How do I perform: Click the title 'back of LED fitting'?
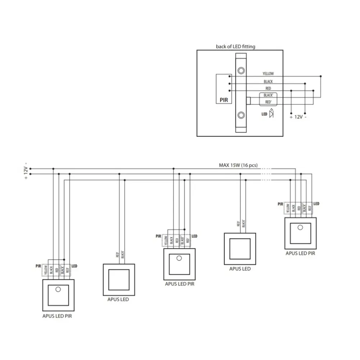(x=235, y=46)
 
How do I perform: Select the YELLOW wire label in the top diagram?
(x=268, y=73)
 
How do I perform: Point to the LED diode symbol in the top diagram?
(x=271, y=114)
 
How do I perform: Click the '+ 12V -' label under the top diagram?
(x=298, y=117)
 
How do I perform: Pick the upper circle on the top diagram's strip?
(x=241, y=70)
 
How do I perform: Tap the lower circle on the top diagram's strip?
(x=241, y=115)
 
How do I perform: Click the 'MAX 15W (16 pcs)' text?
(x=238, y=165)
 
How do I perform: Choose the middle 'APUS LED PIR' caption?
(x=180, y=284)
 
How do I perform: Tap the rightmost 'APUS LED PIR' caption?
(x=300, y=253)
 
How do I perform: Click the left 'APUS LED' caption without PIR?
(x=118, y=299)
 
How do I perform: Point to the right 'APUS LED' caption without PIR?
(x=240, y=269)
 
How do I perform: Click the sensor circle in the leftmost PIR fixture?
(x=58, y=289)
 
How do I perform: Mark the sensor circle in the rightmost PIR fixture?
(x=300, y=227)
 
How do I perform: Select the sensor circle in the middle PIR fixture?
(x=179, y=258)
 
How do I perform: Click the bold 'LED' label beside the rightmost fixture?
(x=316, y=204)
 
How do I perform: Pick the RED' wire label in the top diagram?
(x=268, y=102)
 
